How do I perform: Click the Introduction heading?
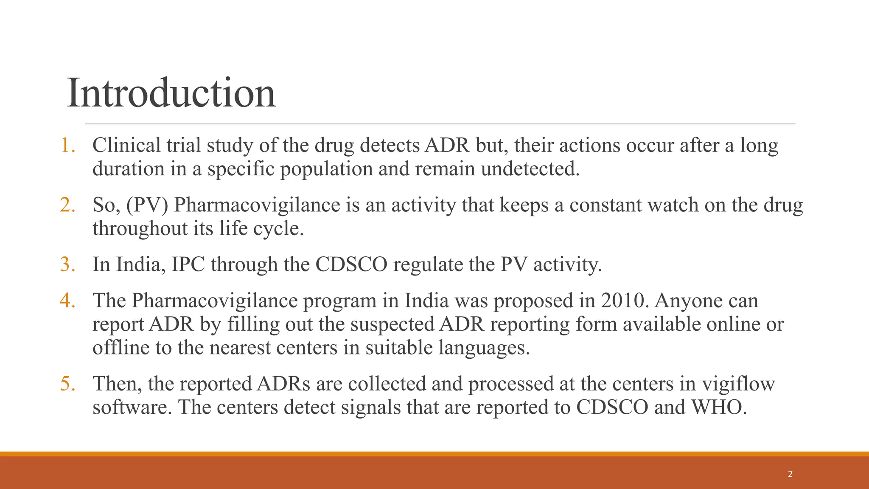171,93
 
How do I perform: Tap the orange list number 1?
67,145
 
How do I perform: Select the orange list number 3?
67,264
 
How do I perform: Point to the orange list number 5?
67,384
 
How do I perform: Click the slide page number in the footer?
790,474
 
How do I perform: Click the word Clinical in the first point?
126,145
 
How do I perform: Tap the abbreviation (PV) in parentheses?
147,205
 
